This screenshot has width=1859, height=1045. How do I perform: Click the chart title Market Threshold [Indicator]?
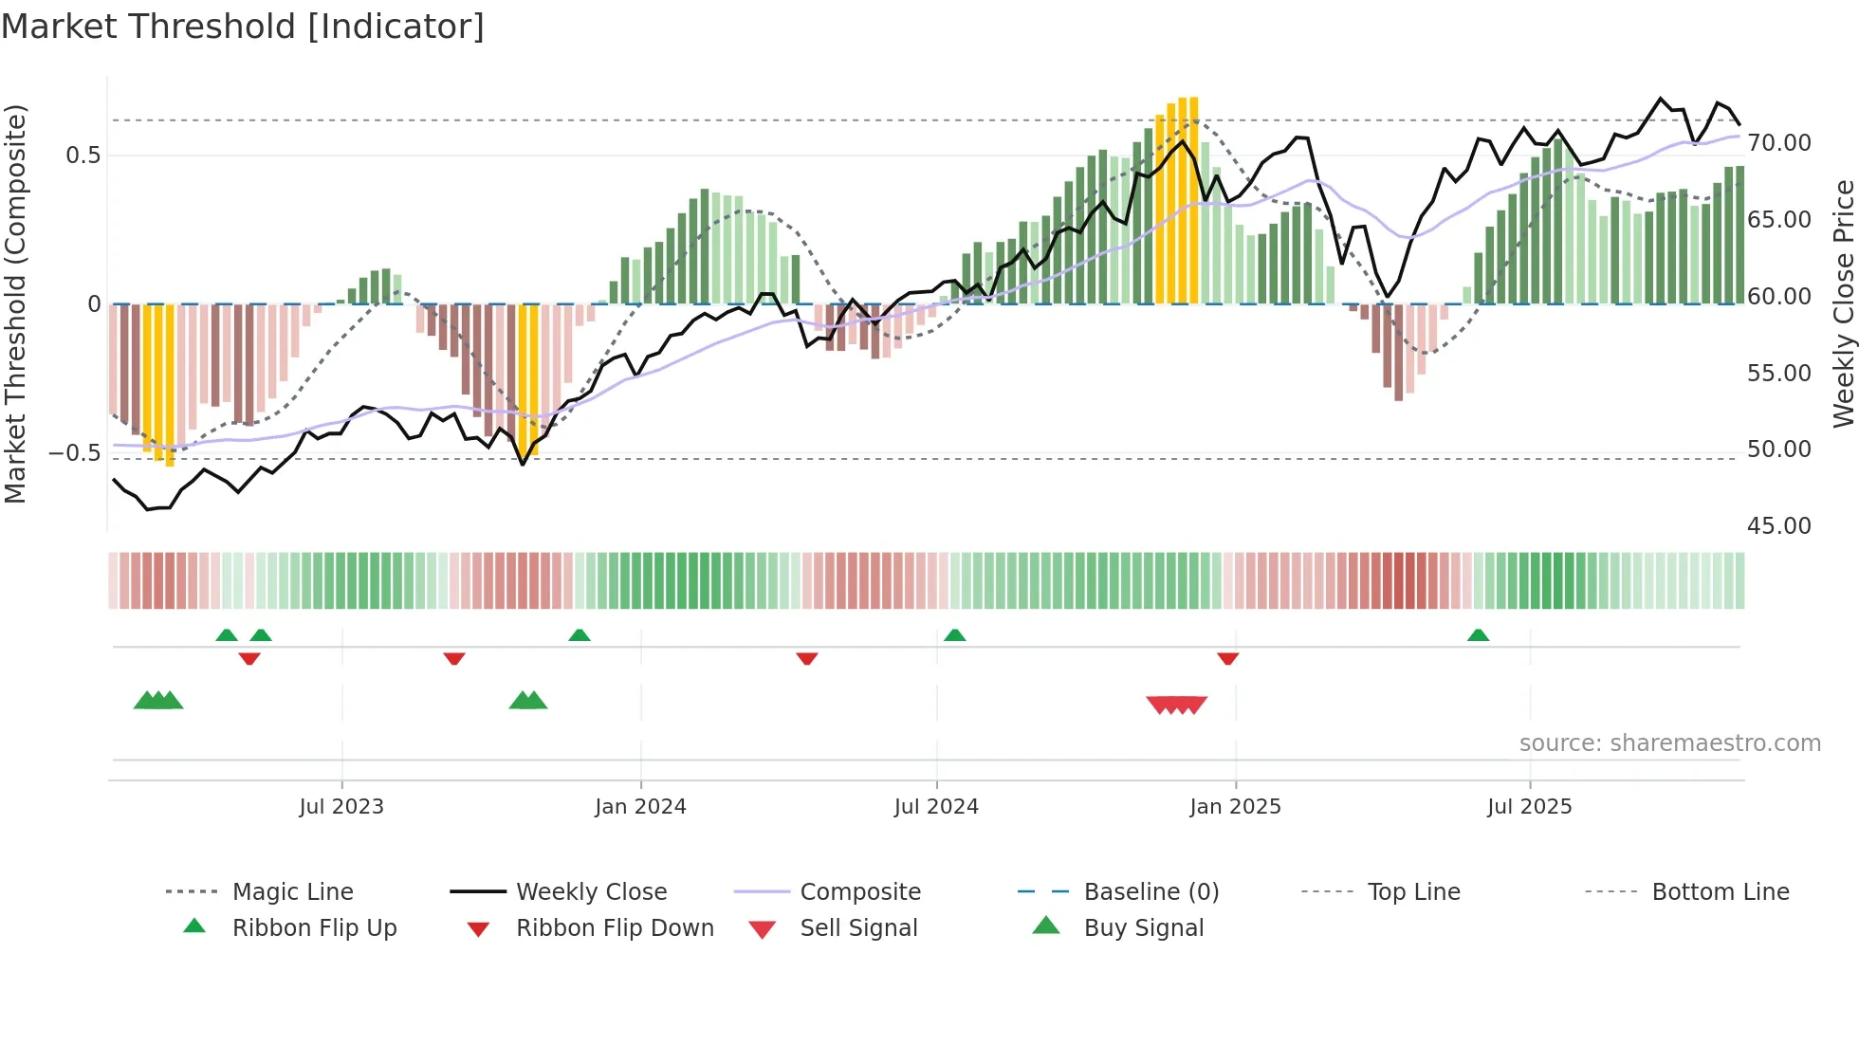coord(243,27)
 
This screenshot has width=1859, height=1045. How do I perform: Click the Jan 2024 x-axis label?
coord(640,807)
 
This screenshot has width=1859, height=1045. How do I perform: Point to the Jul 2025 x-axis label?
coord(1529,807)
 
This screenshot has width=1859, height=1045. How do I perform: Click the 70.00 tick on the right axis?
coord(1778,143)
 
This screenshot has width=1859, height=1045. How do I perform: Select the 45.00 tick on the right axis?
coord(1778,526)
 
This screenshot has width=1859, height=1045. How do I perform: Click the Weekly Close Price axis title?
coord(1843,303)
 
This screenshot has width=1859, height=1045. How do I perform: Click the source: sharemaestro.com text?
coord(1669,743)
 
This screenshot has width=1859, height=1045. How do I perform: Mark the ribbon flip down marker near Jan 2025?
coord(1227,658)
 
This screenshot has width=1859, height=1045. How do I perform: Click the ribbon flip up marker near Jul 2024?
coord(954,635)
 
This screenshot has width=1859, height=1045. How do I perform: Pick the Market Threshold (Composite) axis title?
coord(15,303)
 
